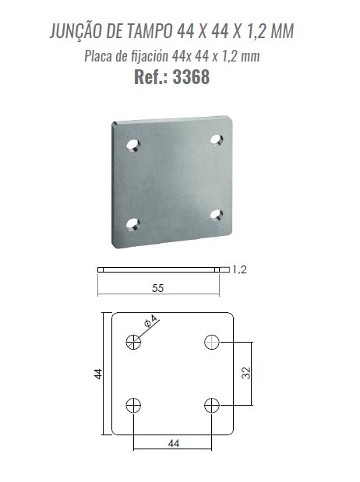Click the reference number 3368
[191, 77]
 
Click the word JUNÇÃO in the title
[76, 30]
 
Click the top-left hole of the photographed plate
[133, 145]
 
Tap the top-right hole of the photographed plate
[217, 139]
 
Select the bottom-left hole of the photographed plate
[133, 224]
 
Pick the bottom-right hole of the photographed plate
[217, 215]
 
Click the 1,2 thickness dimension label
[239, 270]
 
